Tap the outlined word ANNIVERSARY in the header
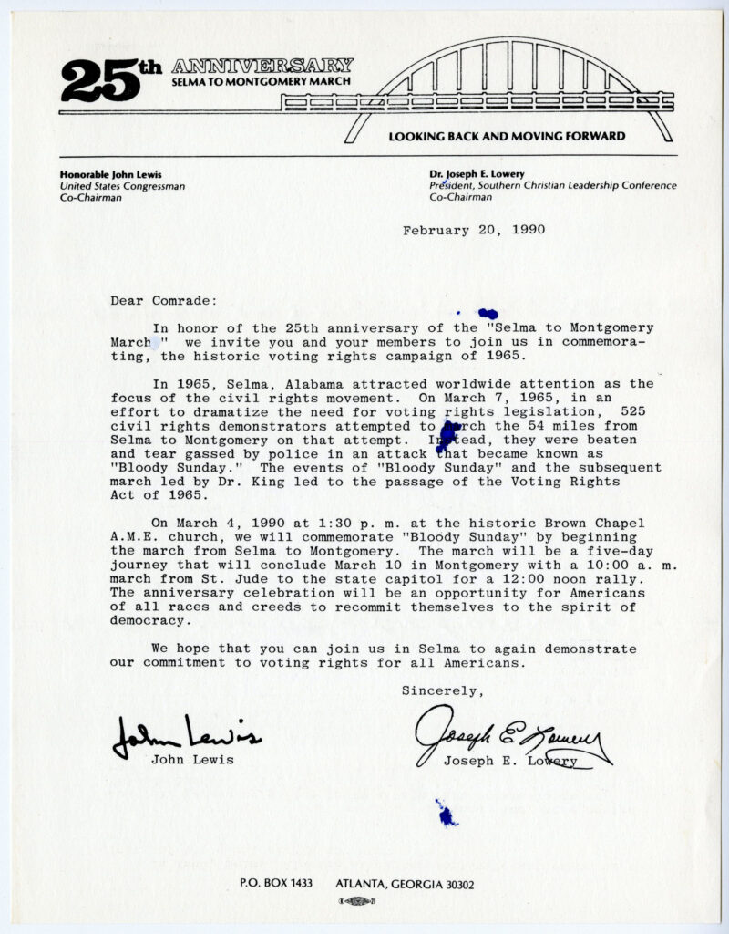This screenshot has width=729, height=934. pos(262,66)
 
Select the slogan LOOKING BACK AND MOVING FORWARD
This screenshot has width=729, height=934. pos(507,137)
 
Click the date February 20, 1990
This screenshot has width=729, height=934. pos(474,230)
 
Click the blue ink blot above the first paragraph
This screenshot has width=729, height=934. pos(487,314)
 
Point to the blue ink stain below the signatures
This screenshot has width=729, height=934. pos(446,813)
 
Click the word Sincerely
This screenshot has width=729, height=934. pos(443,690)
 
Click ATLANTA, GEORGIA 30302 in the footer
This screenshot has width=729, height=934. pos(405,884)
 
